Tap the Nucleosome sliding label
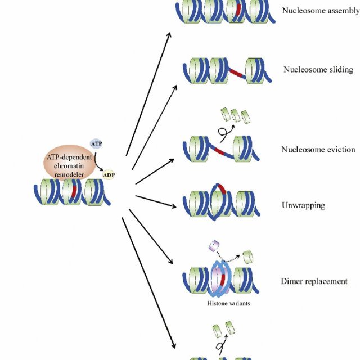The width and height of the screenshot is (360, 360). tap(318, 70)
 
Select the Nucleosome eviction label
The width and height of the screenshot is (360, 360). tap(318, 149)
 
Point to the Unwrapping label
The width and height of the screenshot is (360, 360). tap(303, 205)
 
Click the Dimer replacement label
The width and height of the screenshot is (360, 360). tap(314, 281)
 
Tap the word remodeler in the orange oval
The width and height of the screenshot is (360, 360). tap(67, 175)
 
